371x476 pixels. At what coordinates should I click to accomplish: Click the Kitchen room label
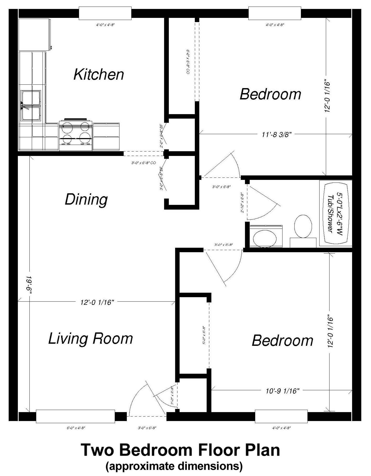[x=99, y=74]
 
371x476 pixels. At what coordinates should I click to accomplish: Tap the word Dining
[x=86, y=200]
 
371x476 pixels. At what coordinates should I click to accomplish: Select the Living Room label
[x=91, y=338]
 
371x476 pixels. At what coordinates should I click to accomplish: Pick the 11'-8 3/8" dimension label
[x=277, y=135]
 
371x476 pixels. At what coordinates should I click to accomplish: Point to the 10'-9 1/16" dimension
[x=282, y=391]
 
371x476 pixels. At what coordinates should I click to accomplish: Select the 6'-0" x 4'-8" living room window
[x=75, y=416]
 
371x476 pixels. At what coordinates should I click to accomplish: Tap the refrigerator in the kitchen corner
[x=34, y=34]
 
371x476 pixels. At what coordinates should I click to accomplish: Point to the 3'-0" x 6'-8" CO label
[x=143, y=163]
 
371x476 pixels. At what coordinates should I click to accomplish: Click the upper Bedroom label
[x=270, y=94]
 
